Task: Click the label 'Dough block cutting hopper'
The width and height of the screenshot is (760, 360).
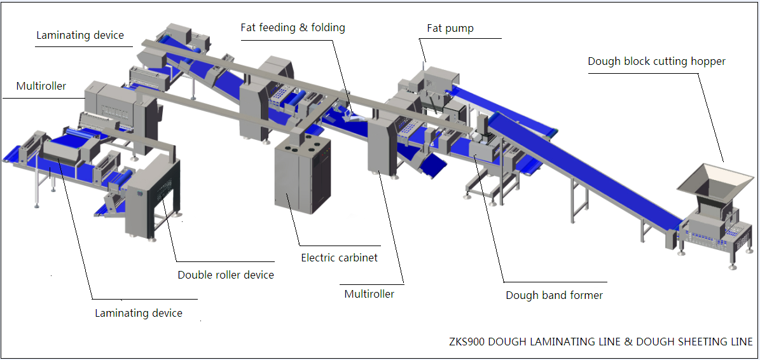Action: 656,62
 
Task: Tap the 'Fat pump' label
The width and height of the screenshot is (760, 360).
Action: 450,29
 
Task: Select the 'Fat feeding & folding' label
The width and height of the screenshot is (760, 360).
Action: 293,28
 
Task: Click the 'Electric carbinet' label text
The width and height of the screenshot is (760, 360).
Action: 339,258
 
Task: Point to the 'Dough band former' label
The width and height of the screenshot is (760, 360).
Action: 554,295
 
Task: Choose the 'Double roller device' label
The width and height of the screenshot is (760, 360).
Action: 226,275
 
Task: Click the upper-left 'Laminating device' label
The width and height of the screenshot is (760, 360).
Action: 80,35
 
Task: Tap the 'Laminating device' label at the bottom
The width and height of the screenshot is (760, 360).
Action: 139,313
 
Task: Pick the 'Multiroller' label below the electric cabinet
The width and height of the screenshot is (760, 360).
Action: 369,294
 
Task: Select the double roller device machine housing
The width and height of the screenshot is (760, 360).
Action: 153,197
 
